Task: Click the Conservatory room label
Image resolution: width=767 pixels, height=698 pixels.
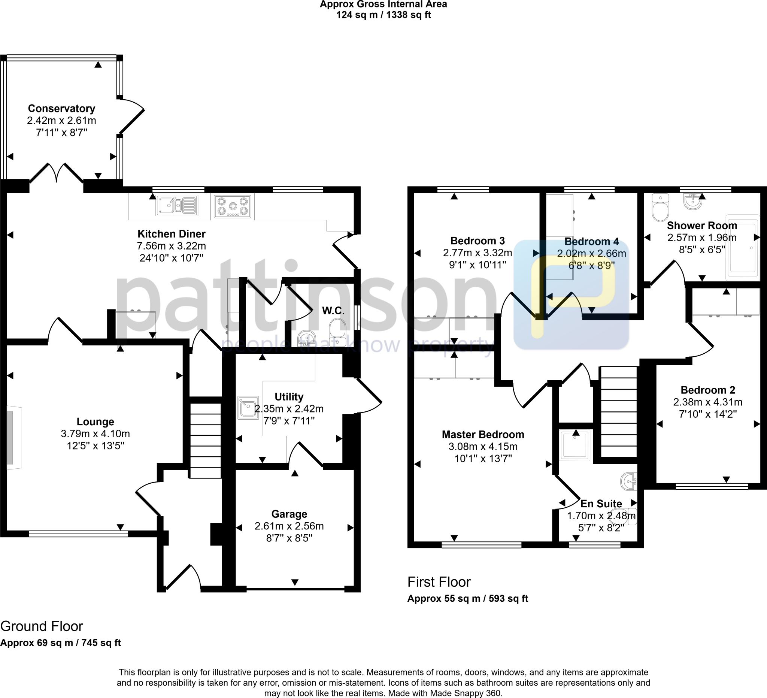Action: [x=61, y=109]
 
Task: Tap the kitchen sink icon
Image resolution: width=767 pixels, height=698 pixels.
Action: [x=177, y=206]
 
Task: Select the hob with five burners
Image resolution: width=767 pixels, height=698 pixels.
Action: [x=233, y=206]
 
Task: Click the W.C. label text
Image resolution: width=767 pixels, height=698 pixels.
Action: [x=333, y=311]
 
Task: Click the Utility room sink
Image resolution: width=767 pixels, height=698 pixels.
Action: [x=247, y=408]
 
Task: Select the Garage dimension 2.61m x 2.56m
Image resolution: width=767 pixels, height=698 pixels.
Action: [x=289, y=526]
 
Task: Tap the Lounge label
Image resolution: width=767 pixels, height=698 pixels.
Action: [x=95, y=421]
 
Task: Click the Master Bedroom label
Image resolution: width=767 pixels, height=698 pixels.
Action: [x=483, y=434]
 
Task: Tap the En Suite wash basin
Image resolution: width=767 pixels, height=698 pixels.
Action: [x=628, y=481]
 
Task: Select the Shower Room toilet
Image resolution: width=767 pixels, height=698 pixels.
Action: [x=660, y=208]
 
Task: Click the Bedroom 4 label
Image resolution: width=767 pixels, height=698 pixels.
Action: [x=591, y=241]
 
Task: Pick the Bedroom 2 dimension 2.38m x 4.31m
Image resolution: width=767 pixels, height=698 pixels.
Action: [x=708, y=402]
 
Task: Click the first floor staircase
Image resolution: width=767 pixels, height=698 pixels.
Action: [x=618, y=411]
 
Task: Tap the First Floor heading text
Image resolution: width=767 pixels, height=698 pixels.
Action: [x=439, y=582]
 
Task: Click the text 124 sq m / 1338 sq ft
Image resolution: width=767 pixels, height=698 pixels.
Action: [x=383, y=15]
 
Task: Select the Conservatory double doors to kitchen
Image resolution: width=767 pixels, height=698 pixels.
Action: [x=57, y=173]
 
